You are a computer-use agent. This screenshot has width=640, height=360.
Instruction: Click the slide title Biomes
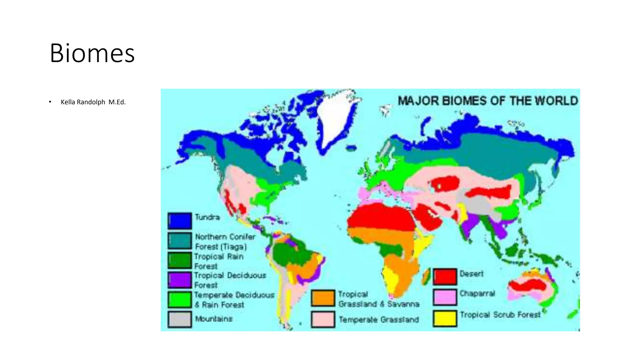click(92, 53)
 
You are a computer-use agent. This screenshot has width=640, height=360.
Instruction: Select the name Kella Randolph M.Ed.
click(93, 102)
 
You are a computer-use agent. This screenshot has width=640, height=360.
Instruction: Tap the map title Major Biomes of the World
click(487, 101)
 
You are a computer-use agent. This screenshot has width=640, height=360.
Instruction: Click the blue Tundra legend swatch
click(180, 221)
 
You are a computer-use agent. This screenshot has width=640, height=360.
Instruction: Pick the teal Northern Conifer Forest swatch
click(180, 240)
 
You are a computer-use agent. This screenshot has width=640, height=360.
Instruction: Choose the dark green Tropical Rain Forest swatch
click(180, 260)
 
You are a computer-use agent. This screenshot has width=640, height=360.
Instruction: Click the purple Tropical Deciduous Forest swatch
click(180, 280)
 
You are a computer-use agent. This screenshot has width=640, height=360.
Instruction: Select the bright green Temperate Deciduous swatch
click(180, 300)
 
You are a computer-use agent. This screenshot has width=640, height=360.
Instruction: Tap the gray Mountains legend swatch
click(180, 319)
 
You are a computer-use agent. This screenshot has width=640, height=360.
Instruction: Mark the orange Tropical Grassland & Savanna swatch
click(323, 298)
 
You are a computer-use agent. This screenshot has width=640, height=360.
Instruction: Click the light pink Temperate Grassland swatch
click(323, 319)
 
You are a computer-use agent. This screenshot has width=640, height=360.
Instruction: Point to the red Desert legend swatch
click(445, 277)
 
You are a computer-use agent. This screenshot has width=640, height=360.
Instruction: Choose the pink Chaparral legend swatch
click(445, 297)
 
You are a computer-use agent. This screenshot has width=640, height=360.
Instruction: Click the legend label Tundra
click(207, 217)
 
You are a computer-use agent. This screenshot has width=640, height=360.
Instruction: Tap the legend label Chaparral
click(477, 294)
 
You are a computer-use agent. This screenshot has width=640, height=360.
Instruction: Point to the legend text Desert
click(472, 274)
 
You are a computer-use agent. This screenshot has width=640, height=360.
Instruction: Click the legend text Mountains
click(214, 319)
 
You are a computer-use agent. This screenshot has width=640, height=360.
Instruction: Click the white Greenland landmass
click(334, 119)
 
